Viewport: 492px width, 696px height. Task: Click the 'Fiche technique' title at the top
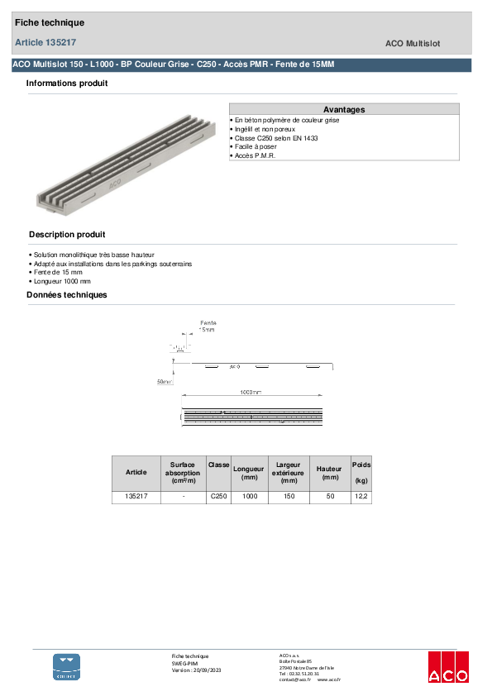[x=50, y=23]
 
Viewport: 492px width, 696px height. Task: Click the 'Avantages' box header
[x=343, y=109]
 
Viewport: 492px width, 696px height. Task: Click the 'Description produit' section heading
[x=67, y=235]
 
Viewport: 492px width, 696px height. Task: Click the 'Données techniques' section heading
[x=66, y=295]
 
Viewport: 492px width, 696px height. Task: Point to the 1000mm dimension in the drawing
[x=251, y=391]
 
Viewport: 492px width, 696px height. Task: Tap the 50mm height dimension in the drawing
[x=165, y=382]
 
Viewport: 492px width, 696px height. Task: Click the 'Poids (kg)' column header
[x=361, y=472]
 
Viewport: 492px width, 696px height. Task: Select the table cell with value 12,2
[x=361, y=497]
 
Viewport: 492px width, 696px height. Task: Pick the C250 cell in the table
[x=218, y=497]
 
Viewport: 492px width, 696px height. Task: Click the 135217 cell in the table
[x=136, y=497]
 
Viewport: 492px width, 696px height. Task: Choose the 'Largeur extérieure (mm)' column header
[x=289, y=472]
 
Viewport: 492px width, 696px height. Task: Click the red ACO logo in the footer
[x=447, y=667]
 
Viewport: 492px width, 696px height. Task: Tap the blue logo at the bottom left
[x=67, y=666]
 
